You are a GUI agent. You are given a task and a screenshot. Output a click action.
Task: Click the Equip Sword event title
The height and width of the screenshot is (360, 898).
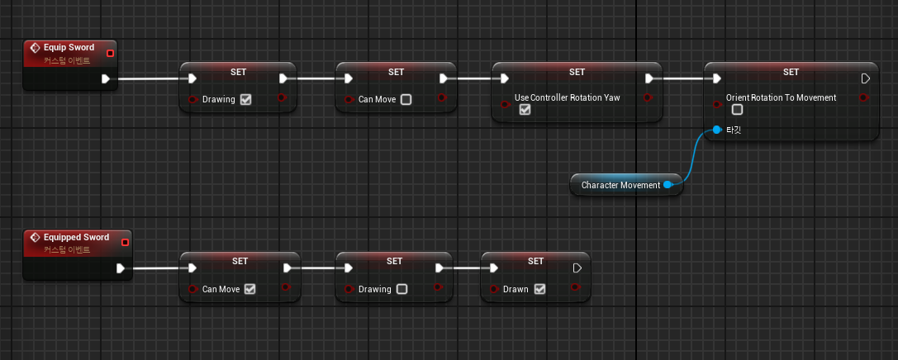pos(69,48)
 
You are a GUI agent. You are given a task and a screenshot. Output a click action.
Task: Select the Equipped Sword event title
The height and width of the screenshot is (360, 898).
pos(76,237)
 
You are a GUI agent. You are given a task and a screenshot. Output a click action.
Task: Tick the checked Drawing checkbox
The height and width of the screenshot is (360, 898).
pos(245,100)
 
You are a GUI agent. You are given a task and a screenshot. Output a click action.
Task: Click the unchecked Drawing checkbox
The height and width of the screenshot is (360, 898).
pos(401,290)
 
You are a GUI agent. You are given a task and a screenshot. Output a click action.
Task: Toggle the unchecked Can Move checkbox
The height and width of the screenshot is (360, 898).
pos(406,100)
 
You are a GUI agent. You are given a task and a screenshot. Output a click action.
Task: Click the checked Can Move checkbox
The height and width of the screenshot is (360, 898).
pos(249,290)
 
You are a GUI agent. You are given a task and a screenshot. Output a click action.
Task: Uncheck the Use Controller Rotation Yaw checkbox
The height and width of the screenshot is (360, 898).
pos(525,110)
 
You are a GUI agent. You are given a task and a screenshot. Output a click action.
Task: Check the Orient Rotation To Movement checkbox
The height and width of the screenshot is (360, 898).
pos(737,110)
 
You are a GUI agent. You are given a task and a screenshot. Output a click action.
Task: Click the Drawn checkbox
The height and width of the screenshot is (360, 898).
pos(539,290)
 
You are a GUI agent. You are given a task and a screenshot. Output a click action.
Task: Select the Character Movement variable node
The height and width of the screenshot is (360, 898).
pos(620,185)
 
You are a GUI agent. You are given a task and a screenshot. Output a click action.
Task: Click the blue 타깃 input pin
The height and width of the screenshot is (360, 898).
pos(717,130)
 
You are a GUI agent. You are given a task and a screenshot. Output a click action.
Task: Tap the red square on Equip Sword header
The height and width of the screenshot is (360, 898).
pos(111,53)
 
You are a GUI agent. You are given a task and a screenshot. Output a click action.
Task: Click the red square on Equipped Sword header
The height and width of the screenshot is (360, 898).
pos(125,242)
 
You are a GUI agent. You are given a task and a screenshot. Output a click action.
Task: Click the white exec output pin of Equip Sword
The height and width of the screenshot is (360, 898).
pos(106,79)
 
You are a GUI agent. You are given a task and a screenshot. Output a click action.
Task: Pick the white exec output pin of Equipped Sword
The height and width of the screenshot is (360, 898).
pos(121,268)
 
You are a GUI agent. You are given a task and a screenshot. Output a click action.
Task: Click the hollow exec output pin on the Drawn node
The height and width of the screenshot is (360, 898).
pos(577,268)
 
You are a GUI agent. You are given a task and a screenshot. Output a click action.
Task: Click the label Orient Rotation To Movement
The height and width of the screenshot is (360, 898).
pos(781,97)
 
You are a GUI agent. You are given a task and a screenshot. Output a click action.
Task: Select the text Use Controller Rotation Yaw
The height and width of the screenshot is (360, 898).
pos(567,97)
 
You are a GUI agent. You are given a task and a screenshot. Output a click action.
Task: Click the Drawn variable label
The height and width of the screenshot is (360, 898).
pos(516,290)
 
